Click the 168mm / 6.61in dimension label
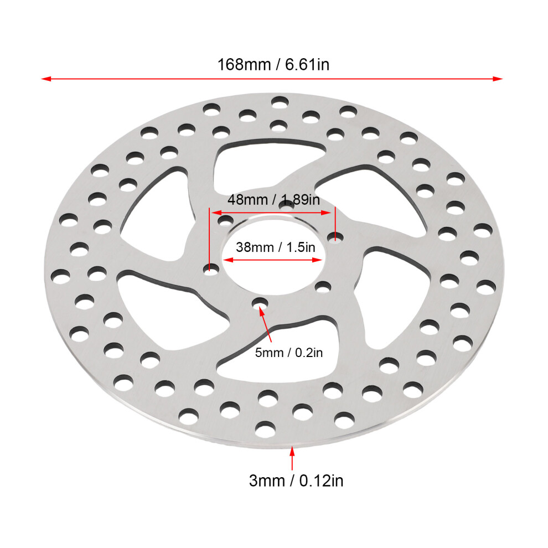pos(273,65)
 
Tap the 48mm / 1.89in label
pos(273,200)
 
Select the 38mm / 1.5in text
pos(276,247)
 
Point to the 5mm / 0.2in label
pos(289,353)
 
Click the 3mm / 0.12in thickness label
pos(296,480)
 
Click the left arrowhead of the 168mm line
pos(46,79)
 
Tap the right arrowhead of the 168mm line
pos(498,79)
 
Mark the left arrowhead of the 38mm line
pos(228,260)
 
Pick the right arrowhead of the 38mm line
pos(317,260)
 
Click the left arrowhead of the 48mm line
pos(216,213)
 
